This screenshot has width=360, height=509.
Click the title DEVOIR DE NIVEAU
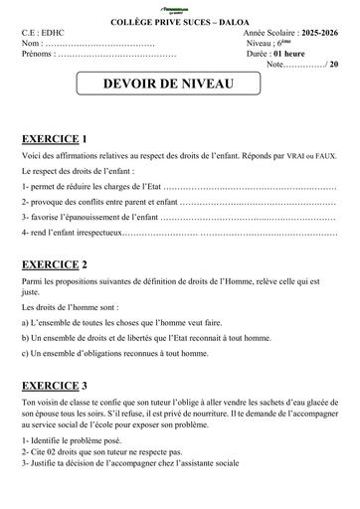[180, 85]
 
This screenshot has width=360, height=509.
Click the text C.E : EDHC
[44, 33]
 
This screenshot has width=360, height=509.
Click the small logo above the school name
[180, 6]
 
